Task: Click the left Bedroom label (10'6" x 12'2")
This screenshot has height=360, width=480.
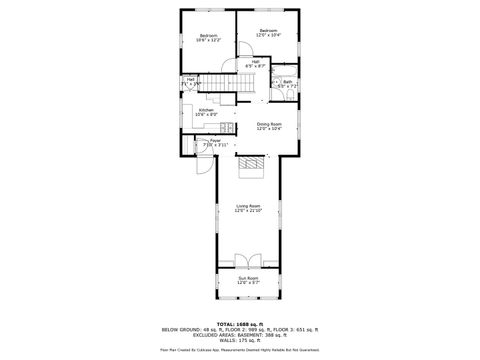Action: click(207, 37)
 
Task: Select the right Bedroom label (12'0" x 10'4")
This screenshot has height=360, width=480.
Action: click(268, 33)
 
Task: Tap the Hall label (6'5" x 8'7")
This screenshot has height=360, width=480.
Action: click(255, 64)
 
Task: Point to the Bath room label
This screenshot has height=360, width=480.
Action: click(287, 84)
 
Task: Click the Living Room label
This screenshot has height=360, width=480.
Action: click(248, 208)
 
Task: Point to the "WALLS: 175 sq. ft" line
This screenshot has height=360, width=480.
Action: click(240, 341)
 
